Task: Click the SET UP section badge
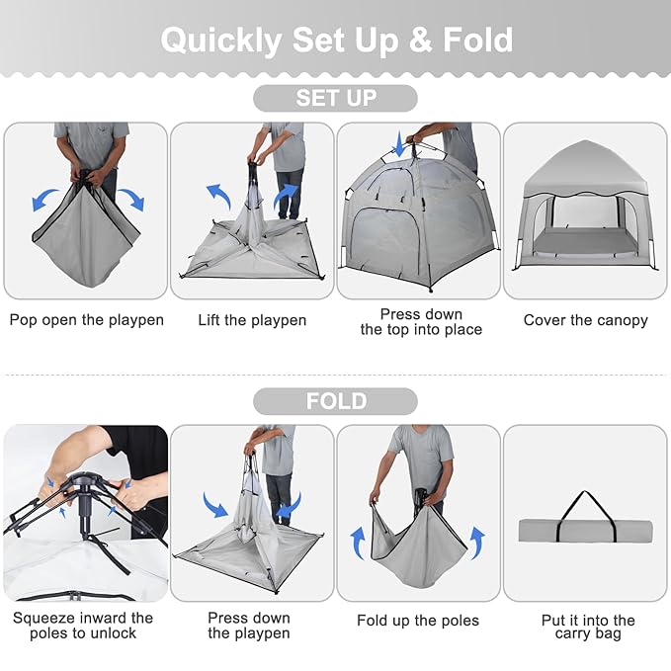coord(335,98)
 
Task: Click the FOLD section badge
coord(335,401)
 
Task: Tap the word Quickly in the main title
coord(221,42)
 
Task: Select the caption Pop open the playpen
coord(86,320)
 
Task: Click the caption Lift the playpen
coord(252,320)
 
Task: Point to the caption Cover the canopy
coord(585,320)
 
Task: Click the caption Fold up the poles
coord(418,621)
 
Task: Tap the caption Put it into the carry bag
coord(588,627)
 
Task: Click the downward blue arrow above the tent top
coord(399,144)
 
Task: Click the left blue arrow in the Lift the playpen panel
coord(219,196)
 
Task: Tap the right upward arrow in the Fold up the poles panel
coord(477,543)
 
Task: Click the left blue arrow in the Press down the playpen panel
coord(214,505)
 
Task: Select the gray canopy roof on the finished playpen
coord(585,169)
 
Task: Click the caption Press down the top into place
coord(421,322)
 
